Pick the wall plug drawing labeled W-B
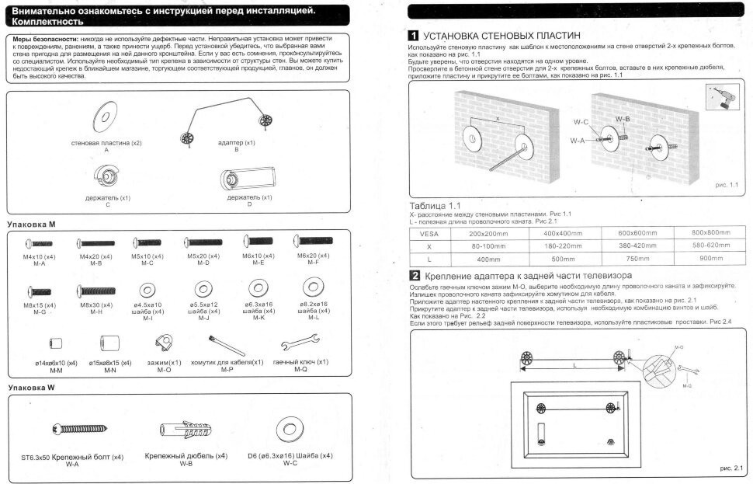pyautogui.click(x=186, y=428)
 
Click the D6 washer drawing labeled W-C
pyautogui.click(x=290, y=428)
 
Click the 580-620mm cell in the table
pyautogui.click(x=710, y=245)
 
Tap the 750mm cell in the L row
pyautogui.click(x=637, y=259)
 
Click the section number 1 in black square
pyautogui.click(x=415, y=36)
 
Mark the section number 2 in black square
pyautogui.click(x=415, y=276)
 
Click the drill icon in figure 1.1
pyautogui.click(x=721, y=98)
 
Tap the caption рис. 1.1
pyautogui.click(x=727, y=186)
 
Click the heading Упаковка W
pyautogui.click(x=30, y=387)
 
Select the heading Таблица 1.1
pyautogui.click(x=435, y=205)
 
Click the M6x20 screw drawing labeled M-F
pyautogui.click(x=316, y=242)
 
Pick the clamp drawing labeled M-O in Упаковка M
pyautogui.click(x=165, y=341)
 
